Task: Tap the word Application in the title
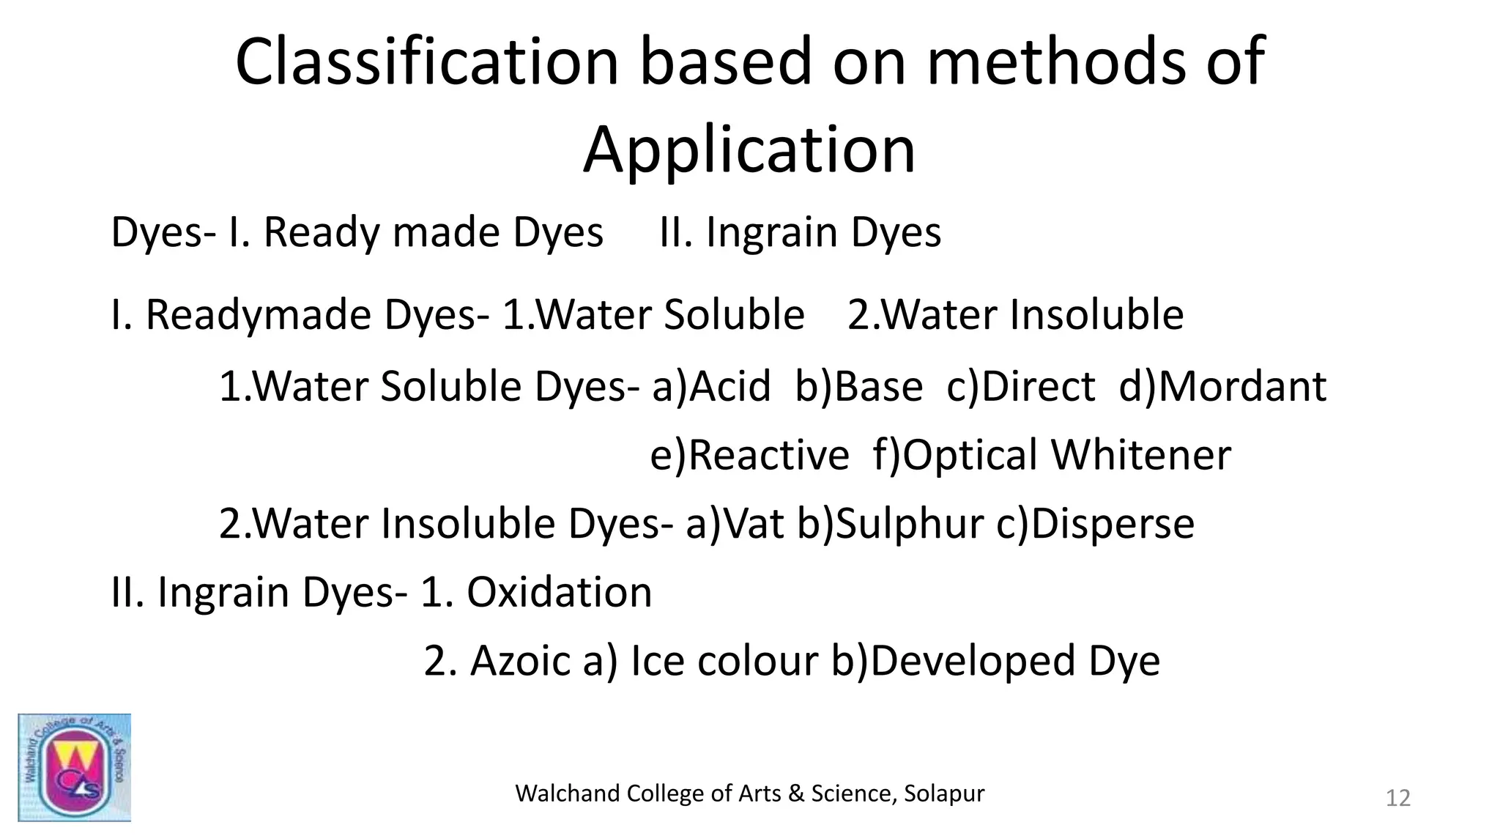click(749, 150)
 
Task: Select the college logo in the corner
click(74, 766)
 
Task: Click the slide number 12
click(1397, 798)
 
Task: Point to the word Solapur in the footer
click(944, 793)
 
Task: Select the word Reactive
click(769, 455)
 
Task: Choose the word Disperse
click(1113, 524)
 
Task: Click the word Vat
click(754, 524)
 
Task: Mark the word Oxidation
click(559, 592)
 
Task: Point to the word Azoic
click(520, 661)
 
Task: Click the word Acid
click(730, 386)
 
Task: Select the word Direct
click(1038, 386)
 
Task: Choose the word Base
click(878, 386)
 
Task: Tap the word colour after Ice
click(757, 661)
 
